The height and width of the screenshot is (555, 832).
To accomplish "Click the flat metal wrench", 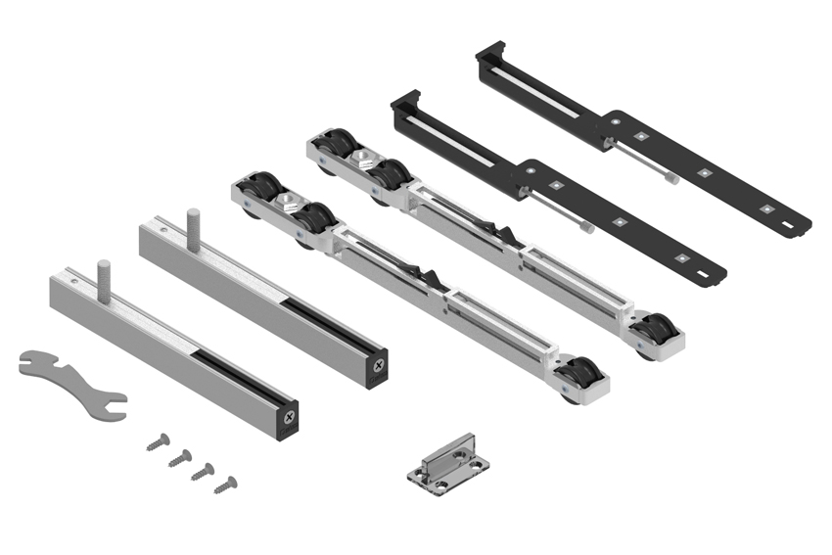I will coord(69,386).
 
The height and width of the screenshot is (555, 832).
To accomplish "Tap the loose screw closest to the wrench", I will coord(158,443).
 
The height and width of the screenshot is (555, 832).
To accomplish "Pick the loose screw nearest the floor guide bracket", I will coord(226,483).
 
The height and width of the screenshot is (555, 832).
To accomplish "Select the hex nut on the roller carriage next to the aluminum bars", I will coord(288,202).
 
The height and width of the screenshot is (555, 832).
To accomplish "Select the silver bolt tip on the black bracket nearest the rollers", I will coord(586,228).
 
